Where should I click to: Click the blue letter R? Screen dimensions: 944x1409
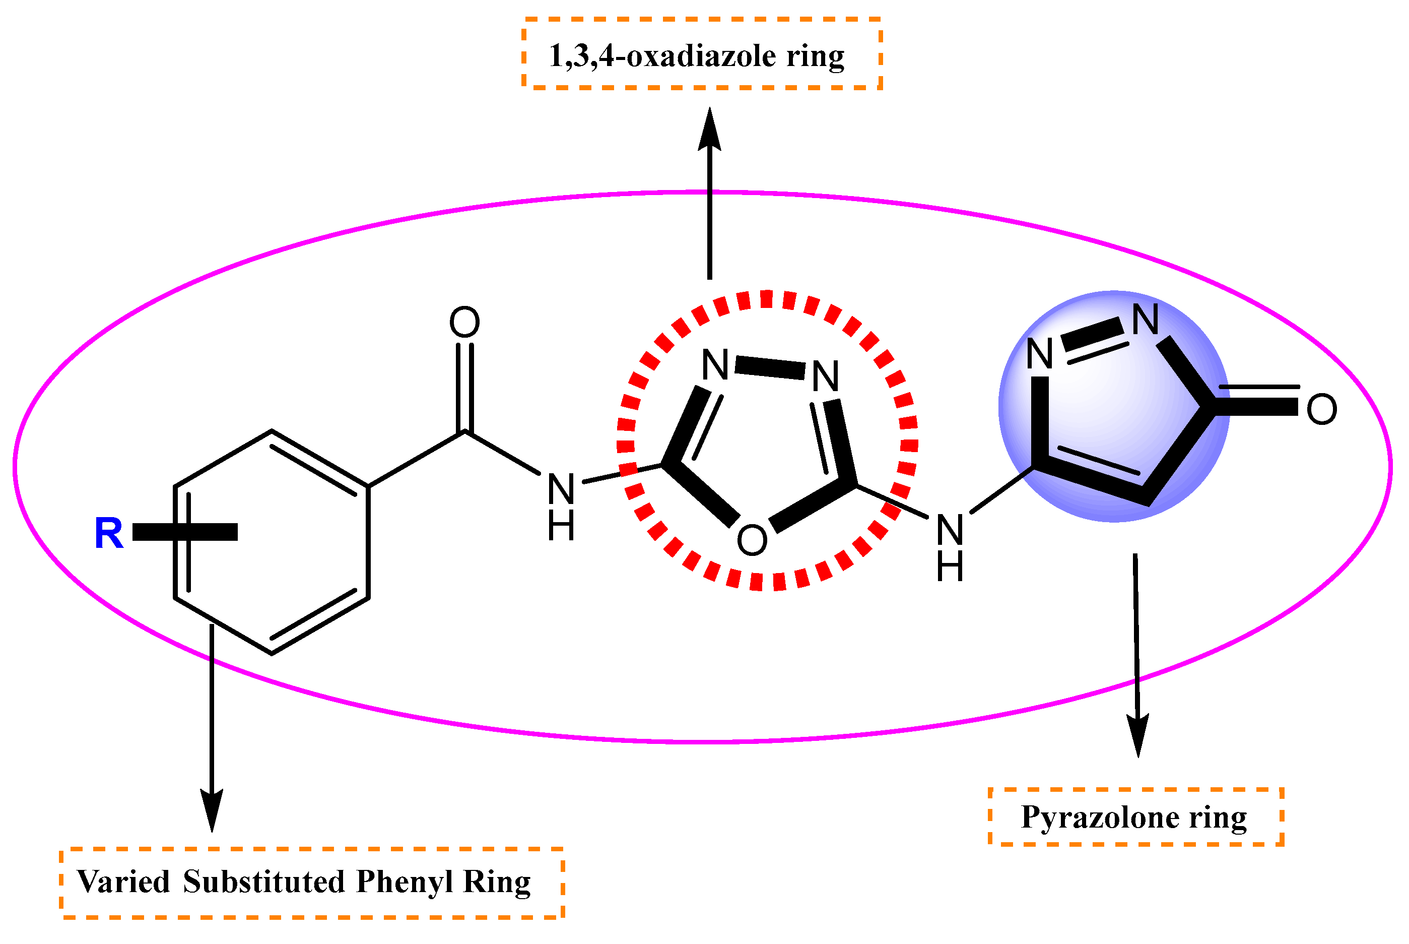click(109, 533)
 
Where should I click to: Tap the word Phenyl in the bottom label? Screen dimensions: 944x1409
click(405, 882)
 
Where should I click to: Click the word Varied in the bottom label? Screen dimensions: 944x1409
click(124, 882)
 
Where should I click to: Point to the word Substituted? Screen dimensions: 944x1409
click(264, 882)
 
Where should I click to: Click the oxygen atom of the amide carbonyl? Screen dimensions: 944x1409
click(464, 323)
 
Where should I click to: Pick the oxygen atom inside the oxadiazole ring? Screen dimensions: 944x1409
click(752, 539)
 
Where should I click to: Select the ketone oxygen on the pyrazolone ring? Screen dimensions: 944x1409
click(1321, 409)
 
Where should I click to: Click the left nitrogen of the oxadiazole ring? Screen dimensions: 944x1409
click(715, 365)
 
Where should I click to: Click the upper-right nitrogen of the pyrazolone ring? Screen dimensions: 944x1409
click(1145, 320)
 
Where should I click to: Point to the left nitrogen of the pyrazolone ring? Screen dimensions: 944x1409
click(1040, 354)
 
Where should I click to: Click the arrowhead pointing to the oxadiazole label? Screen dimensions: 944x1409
click(710, 128)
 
